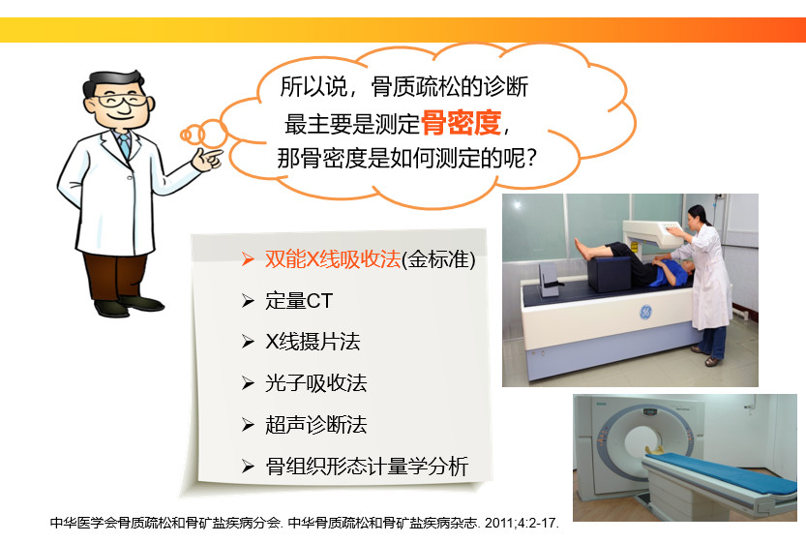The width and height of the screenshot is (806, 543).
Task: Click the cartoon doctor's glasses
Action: (119, 100)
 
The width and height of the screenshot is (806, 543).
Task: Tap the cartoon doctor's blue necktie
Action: (124, 145)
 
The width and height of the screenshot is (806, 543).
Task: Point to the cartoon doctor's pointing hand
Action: (207, 159)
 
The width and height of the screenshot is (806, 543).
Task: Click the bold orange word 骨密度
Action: (462, 123)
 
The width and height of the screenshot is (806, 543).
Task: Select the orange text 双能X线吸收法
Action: (333, 259)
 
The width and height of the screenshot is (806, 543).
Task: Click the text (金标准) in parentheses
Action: (438, 259)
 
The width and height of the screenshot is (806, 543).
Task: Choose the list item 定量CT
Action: (299, 301)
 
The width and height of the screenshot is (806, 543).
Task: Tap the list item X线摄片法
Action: (313, 342)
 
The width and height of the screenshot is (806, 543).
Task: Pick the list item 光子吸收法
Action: (315, 383)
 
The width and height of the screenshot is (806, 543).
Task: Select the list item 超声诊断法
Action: (315, 425)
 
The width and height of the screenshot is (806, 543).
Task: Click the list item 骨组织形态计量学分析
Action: (367, 467)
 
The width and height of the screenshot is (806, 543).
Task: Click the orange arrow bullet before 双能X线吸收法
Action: (248, 259)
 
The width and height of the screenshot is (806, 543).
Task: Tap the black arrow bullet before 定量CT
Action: (248, 301)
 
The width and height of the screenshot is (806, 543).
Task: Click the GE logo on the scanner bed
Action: (645, 312)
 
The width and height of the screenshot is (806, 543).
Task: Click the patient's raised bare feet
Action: (583, 250)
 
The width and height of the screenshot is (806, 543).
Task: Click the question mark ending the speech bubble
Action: (531, 159)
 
